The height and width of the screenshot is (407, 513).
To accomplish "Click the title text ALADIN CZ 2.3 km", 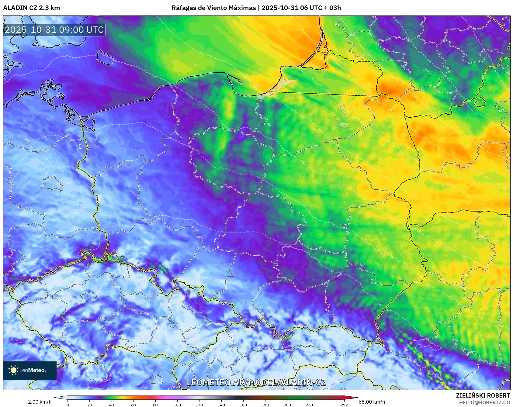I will pos(31,8).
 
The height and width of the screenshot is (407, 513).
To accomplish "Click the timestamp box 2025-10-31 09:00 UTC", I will pos(54,30).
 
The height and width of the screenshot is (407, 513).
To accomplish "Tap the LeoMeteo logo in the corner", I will pos(30,370).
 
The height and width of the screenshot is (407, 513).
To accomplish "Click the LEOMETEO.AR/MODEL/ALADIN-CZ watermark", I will pos(256,382).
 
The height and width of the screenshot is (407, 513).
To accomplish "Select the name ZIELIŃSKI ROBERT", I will pos(483,395).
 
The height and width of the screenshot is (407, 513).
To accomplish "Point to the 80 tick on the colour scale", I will pos(155,405).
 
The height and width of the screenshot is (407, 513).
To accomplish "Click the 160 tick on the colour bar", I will pos(243,405).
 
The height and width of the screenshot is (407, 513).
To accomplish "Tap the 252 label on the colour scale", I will pos(344,405).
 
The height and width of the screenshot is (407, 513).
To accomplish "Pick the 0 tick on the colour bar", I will pos(68,405).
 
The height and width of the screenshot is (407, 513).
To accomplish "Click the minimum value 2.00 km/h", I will pos(40,402).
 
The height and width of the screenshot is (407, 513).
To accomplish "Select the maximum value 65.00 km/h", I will pos(372,402).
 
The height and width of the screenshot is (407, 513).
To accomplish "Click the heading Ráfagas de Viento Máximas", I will pos(213,8).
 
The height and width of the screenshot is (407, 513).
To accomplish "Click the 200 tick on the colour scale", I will pos(287,405).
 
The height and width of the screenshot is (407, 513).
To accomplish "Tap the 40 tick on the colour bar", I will pos(112,405).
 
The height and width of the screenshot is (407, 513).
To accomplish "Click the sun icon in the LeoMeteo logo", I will pos(13,370).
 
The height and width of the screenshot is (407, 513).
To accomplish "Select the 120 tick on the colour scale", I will pos(199,405).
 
